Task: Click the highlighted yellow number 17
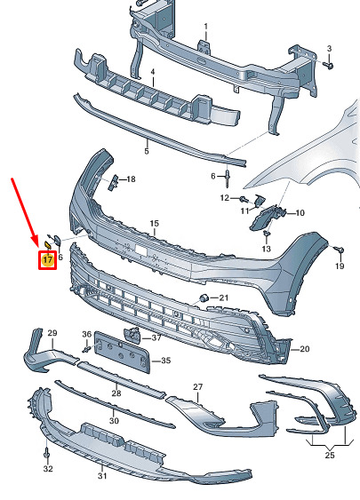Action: tap(47, 259)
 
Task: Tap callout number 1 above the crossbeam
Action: tap(206, 26)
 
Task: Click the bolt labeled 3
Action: tap(328, 65)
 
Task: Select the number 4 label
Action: tap(153, 72)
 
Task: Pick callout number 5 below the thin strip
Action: tap(147, 150)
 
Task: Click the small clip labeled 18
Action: tap(113, 183)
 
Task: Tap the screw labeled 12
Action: tap(244, 199)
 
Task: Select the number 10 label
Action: tap(300, 212)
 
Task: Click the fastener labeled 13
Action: tap(267, 234)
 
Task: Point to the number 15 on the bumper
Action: tap(155, 223)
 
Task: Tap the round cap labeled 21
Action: tap(204, 298)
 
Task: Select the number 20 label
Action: tap(305, 349)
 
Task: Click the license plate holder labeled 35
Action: tap(123, 352)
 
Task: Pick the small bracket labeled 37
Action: tap(132, 334)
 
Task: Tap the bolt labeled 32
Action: tap(47, 455)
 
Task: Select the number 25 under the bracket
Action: tap(330, 455)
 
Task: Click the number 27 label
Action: tap(198, 387)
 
